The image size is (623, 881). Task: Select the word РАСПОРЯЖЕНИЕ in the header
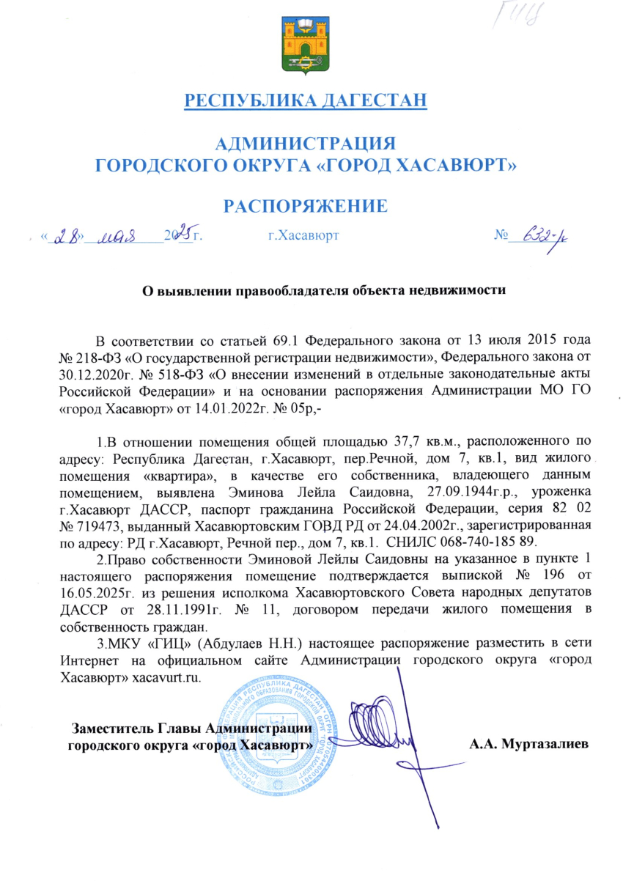305,206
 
